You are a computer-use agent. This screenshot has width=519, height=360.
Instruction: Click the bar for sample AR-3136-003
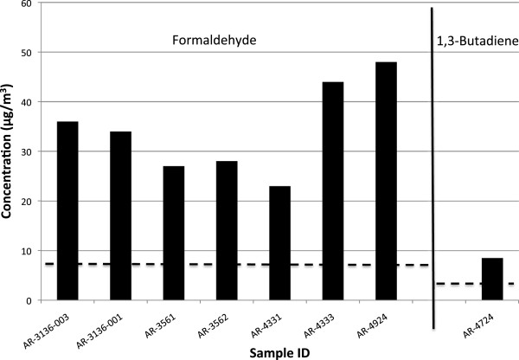(x=67, y=210)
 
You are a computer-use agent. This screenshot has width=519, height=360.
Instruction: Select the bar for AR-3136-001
(x=121, y=215)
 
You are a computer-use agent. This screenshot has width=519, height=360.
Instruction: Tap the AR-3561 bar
(x=174, y=233)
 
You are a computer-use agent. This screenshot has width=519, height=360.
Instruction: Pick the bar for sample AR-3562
(x=227, y=230)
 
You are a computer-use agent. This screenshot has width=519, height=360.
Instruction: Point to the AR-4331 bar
(x=280, y=243)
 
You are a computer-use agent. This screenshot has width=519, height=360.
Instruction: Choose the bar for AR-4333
(x=333, y=190)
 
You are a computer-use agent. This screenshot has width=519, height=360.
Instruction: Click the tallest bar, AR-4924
(x=387, y=181)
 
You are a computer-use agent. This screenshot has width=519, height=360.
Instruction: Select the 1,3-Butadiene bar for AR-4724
(x=492, y=279)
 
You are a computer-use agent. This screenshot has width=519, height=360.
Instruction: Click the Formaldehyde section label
(x=215, y=40)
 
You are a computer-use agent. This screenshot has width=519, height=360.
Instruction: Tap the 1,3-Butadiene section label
(x=477, y=41)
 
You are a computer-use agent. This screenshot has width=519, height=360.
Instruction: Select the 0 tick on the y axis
(x=30, y=300)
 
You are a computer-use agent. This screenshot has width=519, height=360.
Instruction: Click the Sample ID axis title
(x=279, y=353)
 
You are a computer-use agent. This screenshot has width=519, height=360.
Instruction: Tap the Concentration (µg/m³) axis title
(x=7, y=151)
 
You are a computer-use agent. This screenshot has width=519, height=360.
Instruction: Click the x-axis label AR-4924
(x=373, y=326)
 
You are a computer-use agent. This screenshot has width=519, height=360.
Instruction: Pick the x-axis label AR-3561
(x=161, y=326)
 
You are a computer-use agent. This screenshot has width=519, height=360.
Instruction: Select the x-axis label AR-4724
(x=479, y=326)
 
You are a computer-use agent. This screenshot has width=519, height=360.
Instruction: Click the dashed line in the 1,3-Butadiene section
(x=475, y=284)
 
